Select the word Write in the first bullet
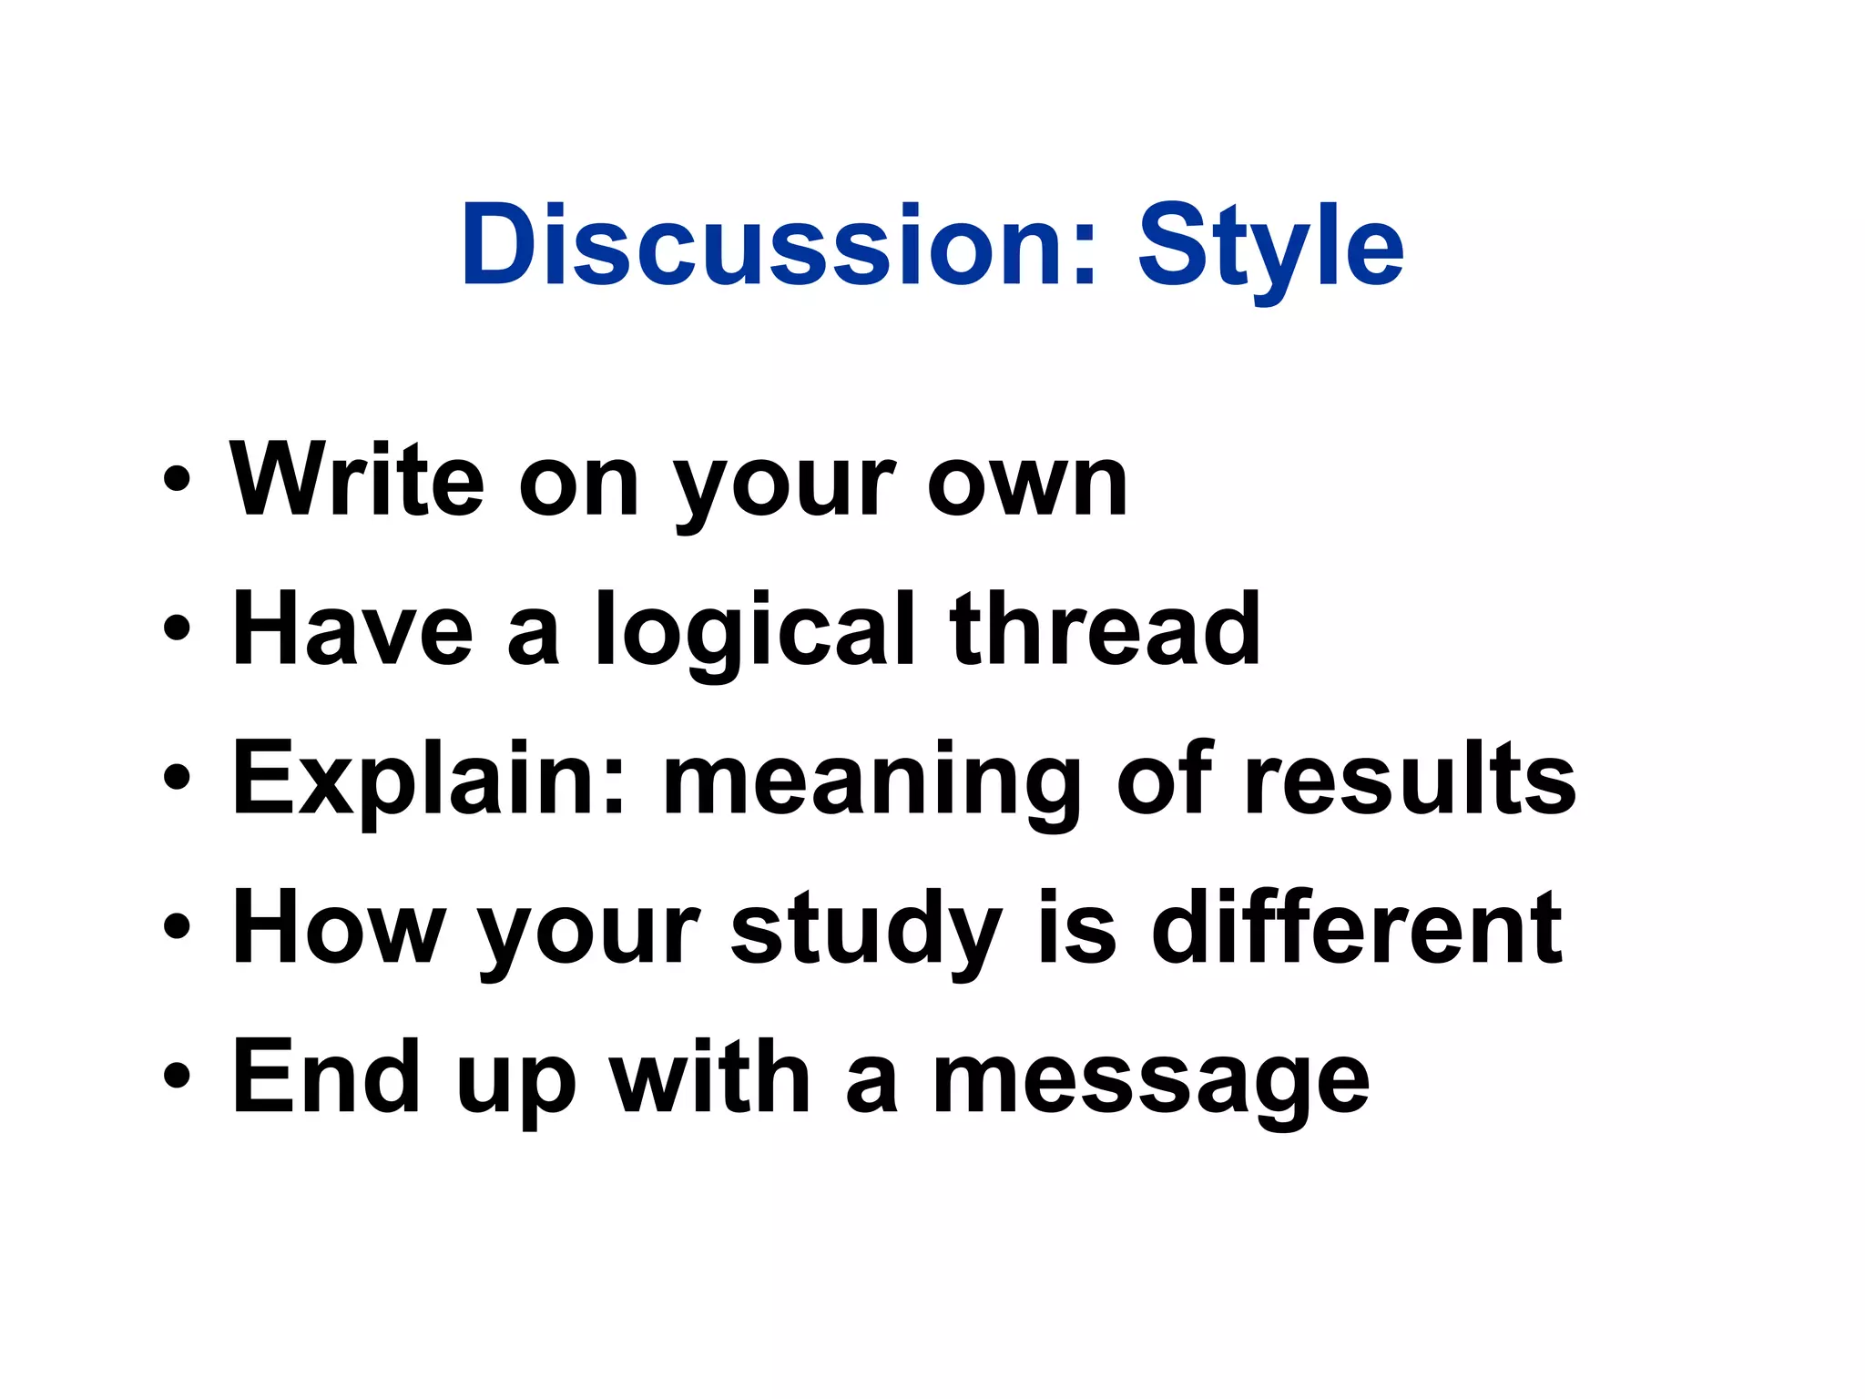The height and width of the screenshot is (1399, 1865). click(356, 479)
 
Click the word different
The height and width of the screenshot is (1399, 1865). click(1357, 927)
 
